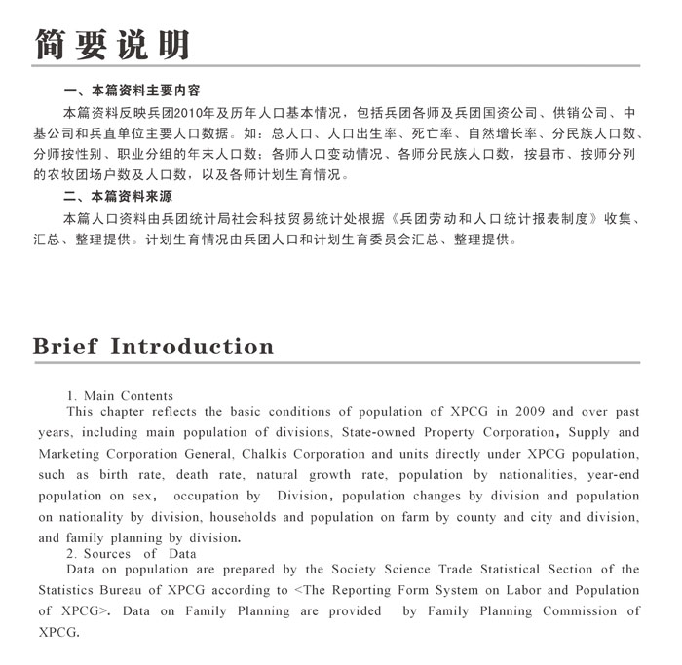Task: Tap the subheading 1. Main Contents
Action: (x=120, y=396)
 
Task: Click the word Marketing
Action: (x=74, y=454)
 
